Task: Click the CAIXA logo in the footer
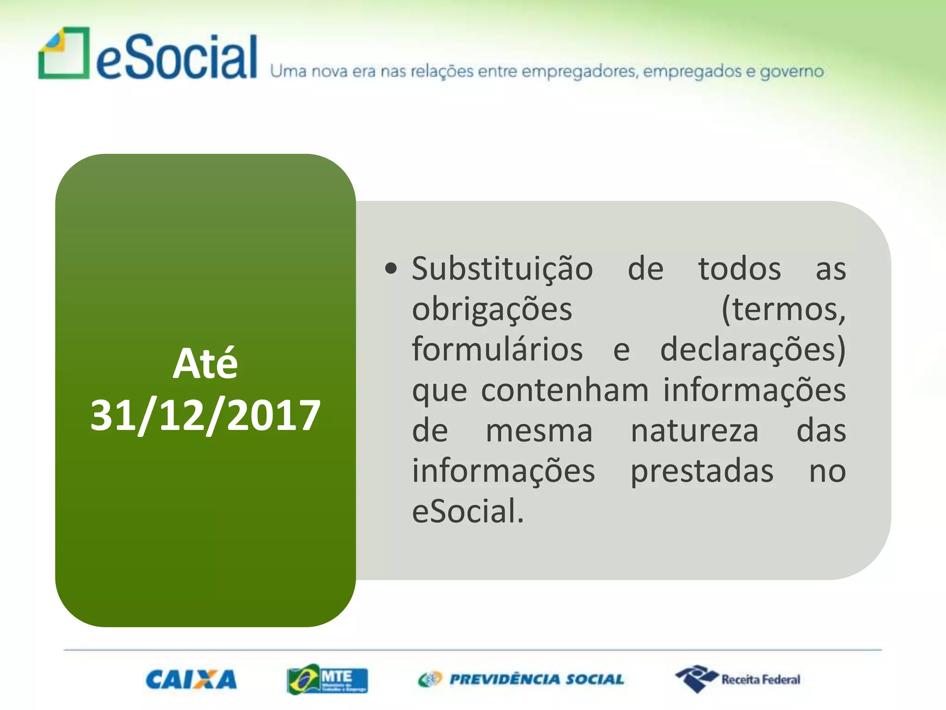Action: (x=191, y=679)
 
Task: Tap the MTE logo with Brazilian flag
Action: (x=327, y=679)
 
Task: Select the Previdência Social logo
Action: (x=521, y=679)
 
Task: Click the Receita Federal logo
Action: (x=738, y=679)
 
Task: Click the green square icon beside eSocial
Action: (x=64, y=53)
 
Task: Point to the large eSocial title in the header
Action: (x=176, y=57)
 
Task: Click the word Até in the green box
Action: (x=205, y=363)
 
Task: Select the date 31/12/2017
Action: (x=205, y=415)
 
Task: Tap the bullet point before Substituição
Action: (x=391, y=269)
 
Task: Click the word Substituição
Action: (x=502, y=269)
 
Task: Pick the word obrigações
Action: (x=492, y=309)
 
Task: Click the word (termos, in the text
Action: (x=783, y=309)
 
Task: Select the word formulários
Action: (x=497, y=349)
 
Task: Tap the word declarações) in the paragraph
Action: (x=753, y=349)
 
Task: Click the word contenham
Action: (x=564, y=390)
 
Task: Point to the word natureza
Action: (x=694, y=430)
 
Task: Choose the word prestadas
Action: (x=702, y=471)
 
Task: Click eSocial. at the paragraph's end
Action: (x=468, y=511)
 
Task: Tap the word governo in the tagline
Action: (x=792, y=72)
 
